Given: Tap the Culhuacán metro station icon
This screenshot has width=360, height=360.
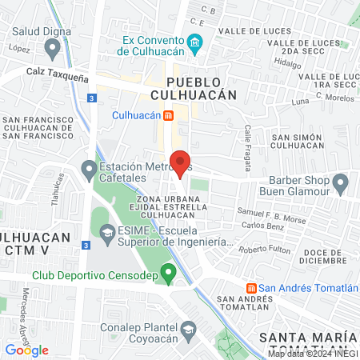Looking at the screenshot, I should point(169,115).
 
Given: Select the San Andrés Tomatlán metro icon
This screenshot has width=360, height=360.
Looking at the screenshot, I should point(250,288).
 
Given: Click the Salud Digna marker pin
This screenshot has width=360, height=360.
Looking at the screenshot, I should point(53,49).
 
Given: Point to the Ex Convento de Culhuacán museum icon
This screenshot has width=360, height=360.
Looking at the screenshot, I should point(194,42).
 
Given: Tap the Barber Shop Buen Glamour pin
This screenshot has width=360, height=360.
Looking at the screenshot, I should point(341,185).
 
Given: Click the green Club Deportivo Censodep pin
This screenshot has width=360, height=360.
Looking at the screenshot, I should point(168,274).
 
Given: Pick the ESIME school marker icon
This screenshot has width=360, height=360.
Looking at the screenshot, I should point(106,232).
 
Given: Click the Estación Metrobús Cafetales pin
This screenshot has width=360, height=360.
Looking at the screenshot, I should point(89,169).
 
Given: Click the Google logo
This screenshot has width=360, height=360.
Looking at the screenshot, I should point(26,350).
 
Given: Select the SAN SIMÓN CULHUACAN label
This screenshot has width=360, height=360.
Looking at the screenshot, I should point(297,142).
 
